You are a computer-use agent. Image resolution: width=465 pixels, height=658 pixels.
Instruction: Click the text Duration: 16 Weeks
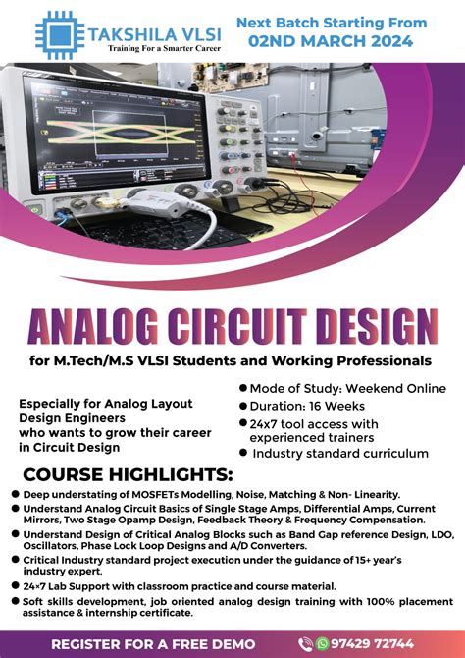(308, 406)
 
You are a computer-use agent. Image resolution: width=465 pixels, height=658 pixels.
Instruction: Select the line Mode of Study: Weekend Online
(340, 388)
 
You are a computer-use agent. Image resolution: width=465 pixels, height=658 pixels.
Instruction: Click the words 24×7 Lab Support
(65, 583)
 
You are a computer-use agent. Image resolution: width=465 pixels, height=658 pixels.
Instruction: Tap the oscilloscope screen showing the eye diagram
(128, 137)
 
